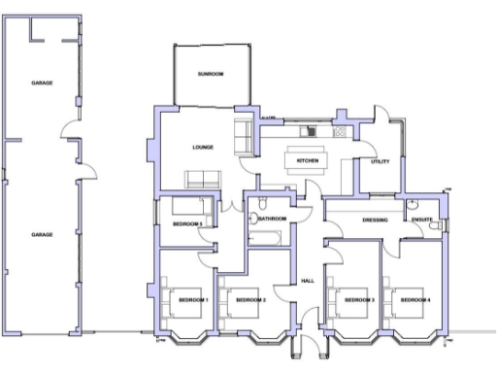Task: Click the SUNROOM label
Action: [x=211, y=74]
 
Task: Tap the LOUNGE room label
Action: [x=202, y=148]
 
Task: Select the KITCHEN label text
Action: [x=308, y=160]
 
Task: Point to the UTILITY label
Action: [x=380, y=161]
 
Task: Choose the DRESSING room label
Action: [x=375, y=220]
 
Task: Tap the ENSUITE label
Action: [x=421, y=220]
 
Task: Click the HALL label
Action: [x=307, y=280]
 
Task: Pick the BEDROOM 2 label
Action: [x=251, y=298]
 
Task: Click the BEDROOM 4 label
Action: [x=415, y=298]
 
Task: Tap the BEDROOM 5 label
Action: [x=187, y=224]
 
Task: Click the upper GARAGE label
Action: [x=41, y=83]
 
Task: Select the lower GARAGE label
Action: [x=41, y=234]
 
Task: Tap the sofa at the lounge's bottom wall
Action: [x=203, y=179]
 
